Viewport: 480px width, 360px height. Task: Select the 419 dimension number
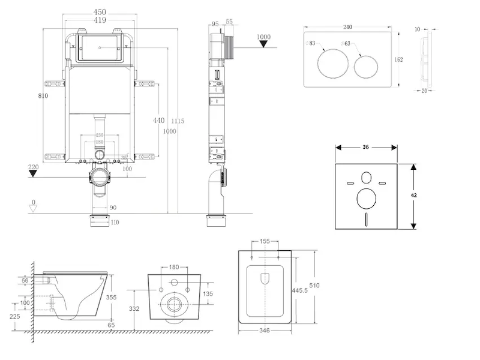coord(100,20)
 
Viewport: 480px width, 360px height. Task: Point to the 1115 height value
coord(178,121)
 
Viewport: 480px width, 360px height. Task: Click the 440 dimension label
coord(158,121)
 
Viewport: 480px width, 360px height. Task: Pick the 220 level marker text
coord(33,167)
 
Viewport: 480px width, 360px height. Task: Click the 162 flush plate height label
coord(399,59)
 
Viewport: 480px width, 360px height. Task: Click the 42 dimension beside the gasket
coord(414,196)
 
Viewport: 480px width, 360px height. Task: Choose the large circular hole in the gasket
coord(366,199)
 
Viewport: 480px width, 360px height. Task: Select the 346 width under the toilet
coord(265,330)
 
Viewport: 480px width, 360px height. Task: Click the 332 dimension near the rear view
coord(134,309)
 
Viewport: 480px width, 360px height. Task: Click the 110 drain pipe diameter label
coord(114,223)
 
